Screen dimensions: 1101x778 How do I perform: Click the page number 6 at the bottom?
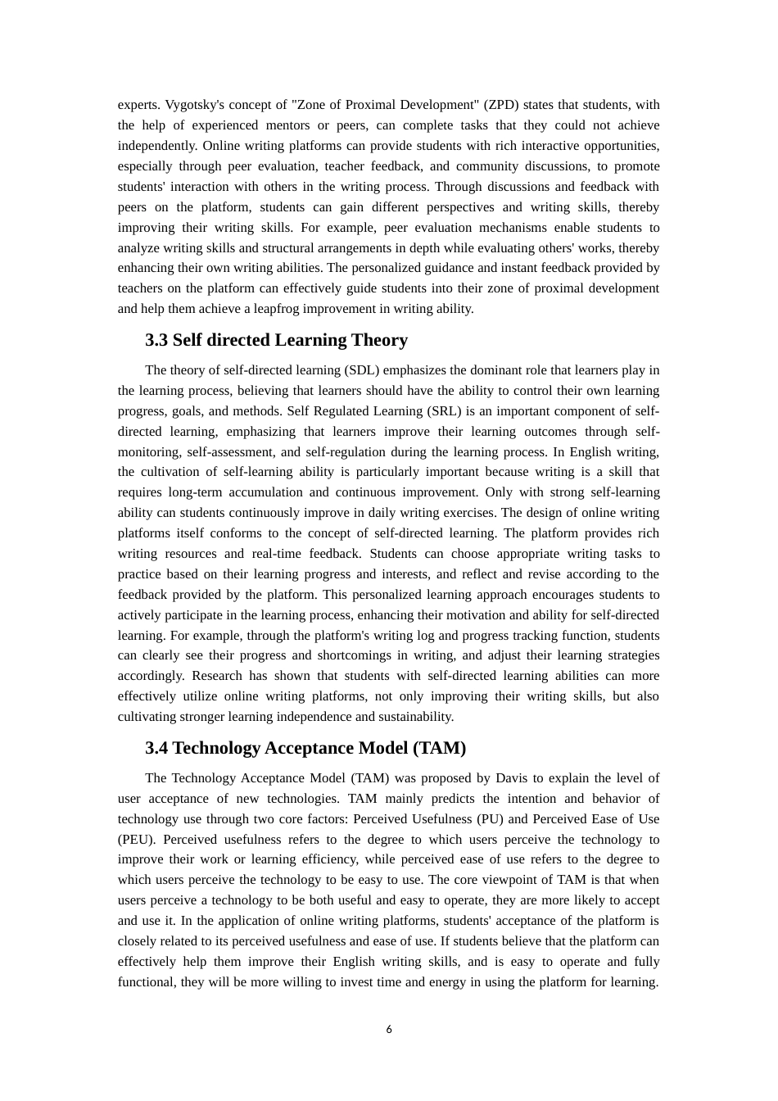[389, 1030]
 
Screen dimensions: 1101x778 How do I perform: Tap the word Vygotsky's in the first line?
[195, 105]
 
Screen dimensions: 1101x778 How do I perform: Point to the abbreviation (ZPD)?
[501, 105]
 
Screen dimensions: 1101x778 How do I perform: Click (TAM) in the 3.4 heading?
[440, 748]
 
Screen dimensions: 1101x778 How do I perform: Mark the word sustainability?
[414, 717]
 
